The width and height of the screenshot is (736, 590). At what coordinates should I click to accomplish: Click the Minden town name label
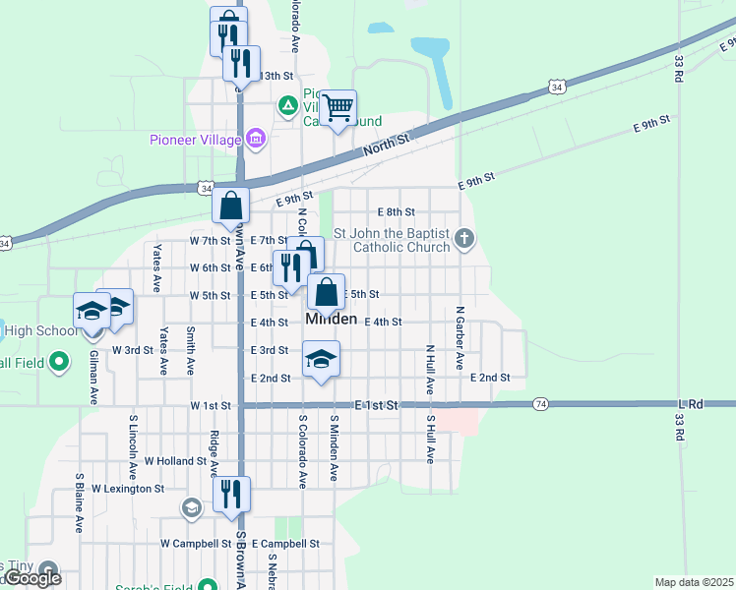331,320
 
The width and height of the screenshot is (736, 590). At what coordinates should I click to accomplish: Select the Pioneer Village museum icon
256,139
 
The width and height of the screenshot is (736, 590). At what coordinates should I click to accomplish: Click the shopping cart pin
337,107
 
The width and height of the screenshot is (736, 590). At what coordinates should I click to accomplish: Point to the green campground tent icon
286,104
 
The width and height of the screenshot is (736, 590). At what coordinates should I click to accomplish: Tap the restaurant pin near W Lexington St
231,494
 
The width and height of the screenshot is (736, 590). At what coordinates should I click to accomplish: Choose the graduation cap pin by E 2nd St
321,359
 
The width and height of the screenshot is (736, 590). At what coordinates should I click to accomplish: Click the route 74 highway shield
540,404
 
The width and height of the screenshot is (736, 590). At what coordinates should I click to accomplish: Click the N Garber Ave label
460,337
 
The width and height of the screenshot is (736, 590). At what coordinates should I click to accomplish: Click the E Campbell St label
285,543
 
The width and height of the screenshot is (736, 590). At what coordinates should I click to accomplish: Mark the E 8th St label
397,211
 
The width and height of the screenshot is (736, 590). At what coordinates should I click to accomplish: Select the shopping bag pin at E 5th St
327,292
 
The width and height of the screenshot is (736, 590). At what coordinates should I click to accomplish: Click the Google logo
33,578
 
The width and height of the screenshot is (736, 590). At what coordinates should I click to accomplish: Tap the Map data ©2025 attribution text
694,582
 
